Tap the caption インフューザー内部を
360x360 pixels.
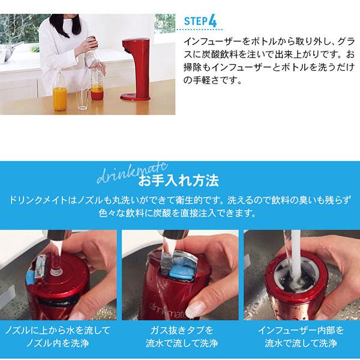299,331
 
